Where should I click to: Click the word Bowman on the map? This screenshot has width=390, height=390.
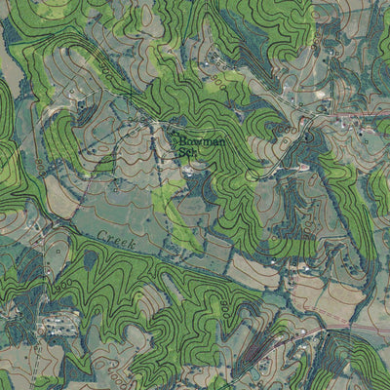coord(201,140)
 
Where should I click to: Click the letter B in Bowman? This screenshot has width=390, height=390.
coord(181,140)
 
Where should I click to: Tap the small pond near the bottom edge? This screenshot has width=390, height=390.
coord(255,374)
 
